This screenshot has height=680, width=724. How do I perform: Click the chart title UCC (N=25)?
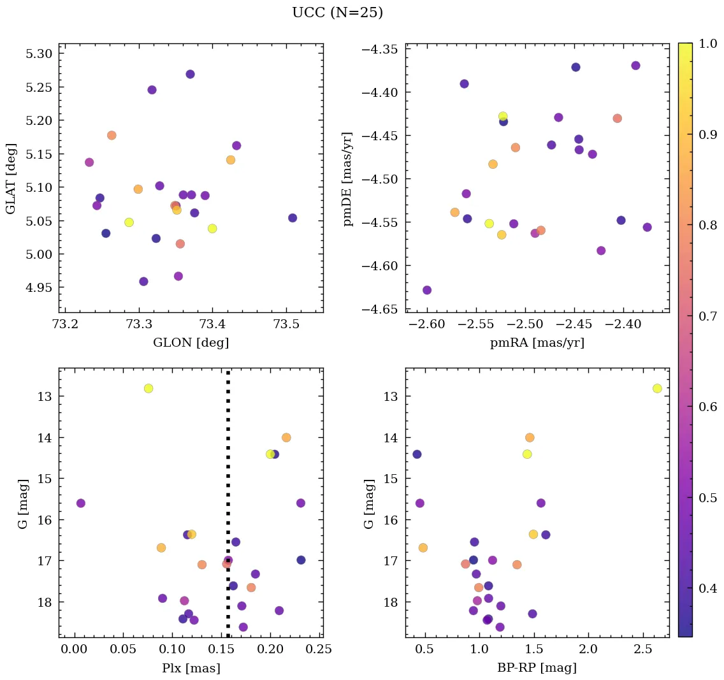click(337, 13)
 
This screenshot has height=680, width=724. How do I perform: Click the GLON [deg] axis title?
click(191, 343)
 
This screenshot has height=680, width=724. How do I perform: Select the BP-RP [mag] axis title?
click(537, 667)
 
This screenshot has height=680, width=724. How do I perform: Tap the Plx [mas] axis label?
click(191, 667)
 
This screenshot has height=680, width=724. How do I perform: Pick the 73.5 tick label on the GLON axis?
click(286, 325)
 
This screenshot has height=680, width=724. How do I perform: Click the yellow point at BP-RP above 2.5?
click(657, 388)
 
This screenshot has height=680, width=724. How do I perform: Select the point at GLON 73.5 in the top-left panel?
click(293, 218)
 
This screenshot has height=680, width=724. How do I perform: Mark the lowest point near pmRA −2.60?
click(427, 290)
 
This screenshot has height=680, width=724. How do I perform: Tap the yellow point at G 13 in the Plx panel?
click(148, 388)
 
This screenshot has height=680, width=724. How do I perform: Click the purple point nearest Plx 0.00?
click(81, 503)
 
